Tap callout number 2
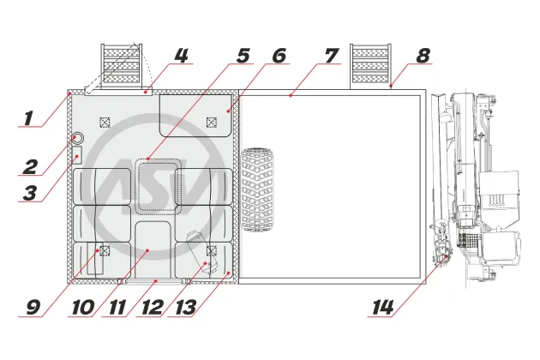coord(30,167)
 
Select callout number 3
coord(30,193)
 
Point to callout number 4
coord(181,56)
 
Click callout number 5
coord(243,56)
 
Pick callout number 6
coord(279,56)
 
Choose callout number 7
coord(332,56)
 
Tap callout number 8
coord(423,56)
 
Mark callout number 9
coord(33,307)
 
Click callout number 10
coord(83,307)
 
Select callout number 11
coord(117,307)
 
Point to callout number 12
coord(153,307)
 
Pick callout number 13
coord(186,307)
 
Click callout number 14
coord(383,307)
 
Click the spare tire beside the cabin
coord(257,189)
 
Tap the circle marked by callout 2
coord(78,138)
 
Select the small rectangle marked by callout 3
coord(77,154)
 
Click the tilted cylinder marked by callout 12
coord(202,253)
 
